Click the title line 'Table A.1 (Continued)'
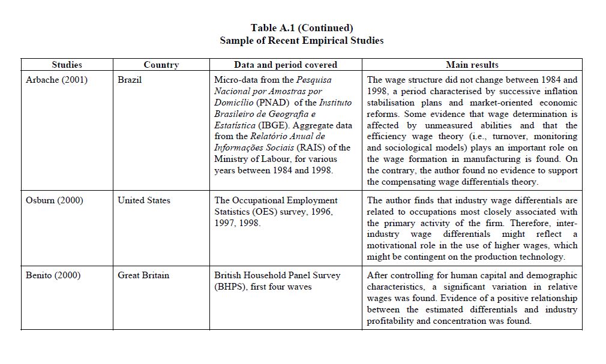302,28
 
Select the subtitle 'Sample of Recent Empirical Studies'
302,40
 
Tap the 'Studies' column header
67,65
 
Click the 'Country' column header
161,65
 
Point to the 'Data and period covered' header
286,65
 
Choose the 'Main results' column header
472,65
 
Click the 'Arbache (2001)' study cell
56,80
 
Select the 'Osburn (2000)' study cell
55,200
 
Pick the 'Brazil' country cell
130,80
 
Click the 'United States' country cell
144,200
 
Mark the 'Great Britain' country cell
143,275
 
